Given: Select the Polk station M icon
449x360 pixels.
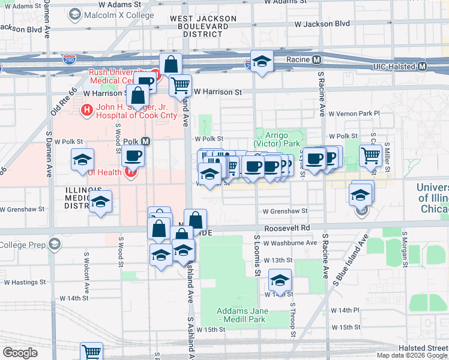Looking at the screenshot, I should coord(145,142).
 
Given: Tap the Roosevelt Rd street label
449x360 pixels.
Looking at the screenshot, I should coord(289,228).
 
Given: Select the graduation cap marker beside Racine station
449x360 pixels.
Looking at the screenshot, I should coord(262,62).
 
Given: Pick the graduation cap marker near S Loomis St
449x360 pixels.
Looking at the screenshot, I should coord(280,280).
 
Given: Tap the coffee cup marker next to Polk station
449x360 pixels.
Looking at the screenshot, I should coord(133,157).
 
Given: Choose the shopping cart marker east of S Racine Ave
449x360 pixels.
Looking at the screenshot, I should coord(371,155).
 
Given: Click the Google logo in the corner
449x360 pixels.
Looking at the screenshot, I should coord(20,353).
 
